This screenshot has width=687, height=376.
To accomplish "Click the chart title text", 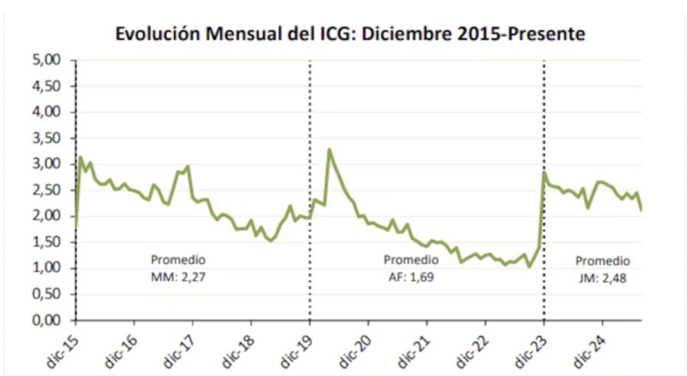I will click(x=350, y=34).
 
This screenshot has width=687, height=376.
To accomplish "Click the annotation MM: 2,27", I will click(x=179, y=277).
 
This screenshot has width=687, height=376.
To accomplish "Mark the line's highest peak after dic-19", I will click(x=329, y=149).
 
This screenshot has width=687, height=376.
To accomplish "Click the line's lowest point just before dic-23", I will click(x=529, y=266).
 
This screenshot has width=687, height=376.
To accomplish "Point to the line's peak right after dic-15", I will click(x=81, y=157).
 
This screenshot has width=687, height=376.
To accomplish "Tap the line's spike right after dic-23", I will click(x=545, y=172).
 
